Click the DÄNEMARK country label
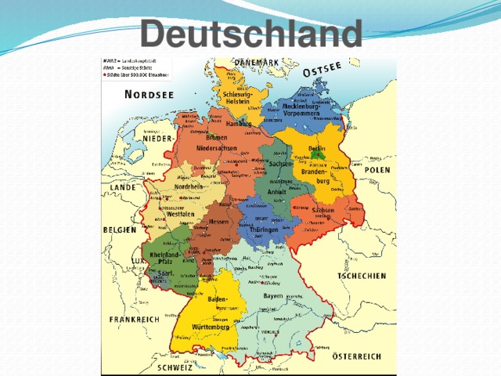254,63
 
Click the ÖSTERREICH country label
357,356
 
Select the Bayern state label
273,296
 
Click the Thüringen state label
264,230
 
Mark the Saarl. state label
166,273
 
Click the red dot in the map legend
106,74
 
